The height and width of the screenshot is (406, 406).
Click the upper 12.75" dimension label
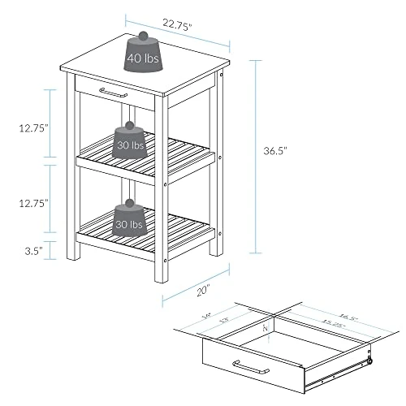click(x=34, y=127)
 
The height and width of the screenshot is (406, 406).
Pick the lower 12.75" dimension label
click(x=34, y=202)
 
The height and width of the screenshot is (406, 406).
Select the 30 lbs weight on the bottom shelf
click(x=129, y=223)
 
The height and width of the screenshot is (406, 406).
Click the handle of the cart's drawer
click(x=113, y=93)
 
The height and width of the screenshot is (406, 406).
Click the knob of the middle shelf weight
click(x=128, y=128)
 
